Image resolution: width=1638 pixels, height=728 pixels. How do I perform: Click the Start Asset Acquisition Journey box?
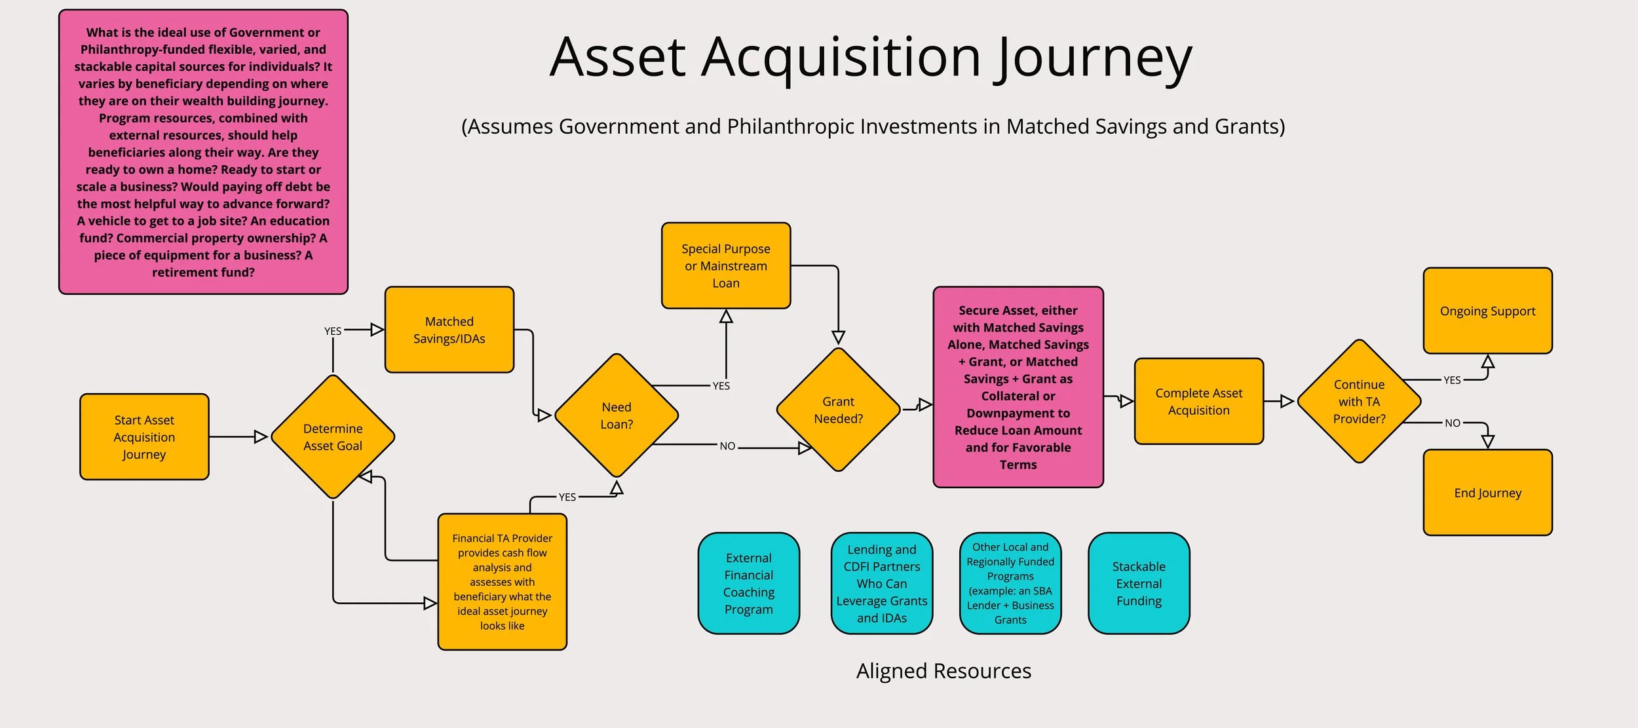point(144,437)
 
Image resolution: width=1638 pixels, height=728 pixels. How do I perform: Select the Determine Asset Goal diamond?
point(333,437)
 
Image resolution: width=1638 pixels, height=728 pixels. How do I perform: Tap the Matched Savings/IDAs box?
point(449,330)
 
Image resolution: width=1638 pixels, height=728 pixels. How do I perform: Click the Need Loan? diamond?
point(617,415)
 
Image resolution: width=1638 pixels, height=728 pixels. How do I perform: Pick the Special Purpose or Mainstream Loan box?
point(726,265)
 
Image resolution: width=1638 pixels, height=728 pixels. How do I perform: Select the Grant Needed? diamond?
point(838,410)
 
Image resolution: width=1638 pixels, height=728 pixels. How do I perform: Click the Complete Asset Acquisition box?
point(1199,401)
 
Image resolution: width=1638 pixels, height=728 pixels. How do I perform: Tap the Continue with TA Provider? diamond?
point(1359,401)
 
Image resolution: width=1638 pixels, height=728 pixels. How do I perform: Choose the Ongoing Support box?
point(1487,311)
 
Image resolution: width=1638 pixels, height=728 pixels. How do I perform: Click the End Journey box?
point(1487,493)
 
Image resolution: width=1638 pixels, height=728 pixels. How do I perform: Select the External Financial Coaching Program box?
point(748,583)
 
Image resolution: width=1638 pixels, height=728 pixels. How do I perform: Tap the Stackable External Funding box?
point(1139,583)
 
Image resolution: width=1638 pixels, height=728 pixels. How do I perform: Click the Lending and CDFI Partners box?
point(882,583)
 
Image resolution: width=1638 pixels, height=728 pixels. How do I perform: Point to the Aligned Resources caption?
point(943,671)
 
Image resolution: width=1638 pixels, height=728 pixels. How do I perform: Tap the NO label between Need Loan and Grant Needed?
point(727,446)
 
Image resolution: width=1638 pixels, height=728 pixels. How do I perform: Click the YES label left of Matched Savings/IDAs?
point(333,331)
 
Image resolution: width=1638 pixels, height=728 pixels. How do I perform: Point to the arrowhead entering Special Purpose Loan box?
point(726,316)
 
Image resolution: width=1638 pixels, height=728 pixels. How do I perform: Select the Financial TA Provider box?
point(502,582)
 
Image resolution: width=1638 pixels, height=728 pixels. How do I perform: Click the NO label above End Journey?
point(1453,423)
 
